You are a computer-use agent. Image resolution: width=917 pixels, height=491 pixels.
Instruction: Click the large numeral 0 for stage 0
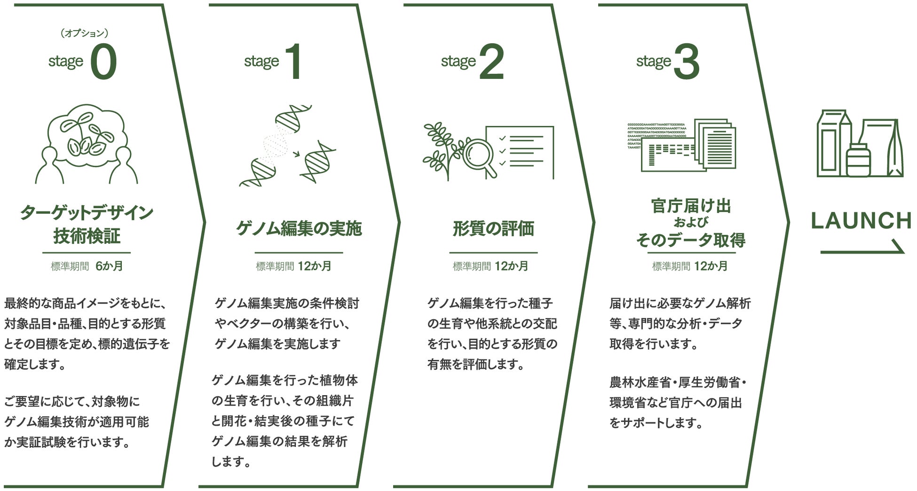(x=103, y=62)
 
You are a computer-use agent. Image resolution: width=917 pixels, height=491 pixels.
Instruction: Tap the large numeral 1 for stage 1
(x=294, y=62)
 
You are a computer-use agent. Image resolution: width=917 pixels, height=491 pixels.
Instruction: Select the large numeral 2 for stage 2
(x=491, y=62)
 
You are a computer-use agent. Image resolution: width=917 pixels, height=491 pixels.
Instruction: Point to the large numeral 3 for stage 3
(x=686, y=62)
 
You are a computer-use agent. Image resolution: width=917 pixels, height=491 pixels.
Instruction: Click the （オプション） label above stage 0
(x=85, y=33)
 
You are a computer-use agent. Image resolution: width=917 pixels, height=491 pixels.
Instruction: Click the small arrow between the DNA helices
(x=296, y=153)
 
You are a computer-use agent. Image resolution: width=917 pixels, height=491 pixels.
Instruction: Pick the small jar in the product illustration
(x=858, y=161)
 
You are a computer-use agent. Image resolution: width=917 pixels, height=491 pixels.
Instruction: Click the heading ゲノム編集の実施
(x=299, y=229)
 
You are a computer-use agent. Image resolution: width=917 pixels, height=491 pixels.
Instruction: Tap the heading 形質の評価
(x=493, y=229)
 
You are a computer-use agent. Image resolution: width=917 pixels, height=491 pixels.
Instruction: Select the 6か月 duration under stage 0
(x=109, y=266)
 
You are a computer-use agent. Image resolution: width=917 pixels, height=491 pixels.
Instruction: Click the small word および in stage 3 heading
(x=690, y=222)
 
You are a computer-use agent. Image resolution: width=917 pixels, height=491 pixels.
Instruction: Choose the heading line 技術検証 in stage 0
(x=87, y=236)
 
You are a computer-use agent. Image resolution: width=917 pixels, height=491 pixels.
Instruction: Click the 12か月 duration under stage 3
(x=711, y=266)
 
